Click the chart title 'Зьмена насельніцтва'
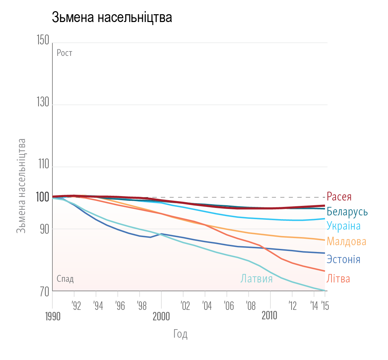pyautogui.click(x=112, y=18)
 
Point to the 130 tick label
pyautogui.click(x=42, y=103)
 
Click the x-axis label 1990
pyautogui.click(x=52, y=317)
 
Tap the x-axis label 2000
pyautogui.click(x=161, y=317)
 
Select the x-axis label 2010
pyautogui.click(x=270, y=316)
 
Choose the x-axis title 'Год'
pyautogui.click(x=180, y=334)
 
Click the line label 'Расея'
pyautogui.click(x=339, y=197)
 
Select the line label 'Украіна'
pyautogui.click(x=343, y=226)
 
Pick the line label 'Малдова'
pyautogui.click(x=347, y=242)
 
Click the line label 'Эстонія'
pyautogui.click(x=343, y=260)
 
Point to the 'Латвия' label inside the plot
pyautogui.click(x=256, y=279)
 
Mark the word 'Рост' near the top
pyautogui.click(x=64, y=53)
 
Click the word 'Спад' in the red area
pyautogui.click(x=65, y=279)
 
